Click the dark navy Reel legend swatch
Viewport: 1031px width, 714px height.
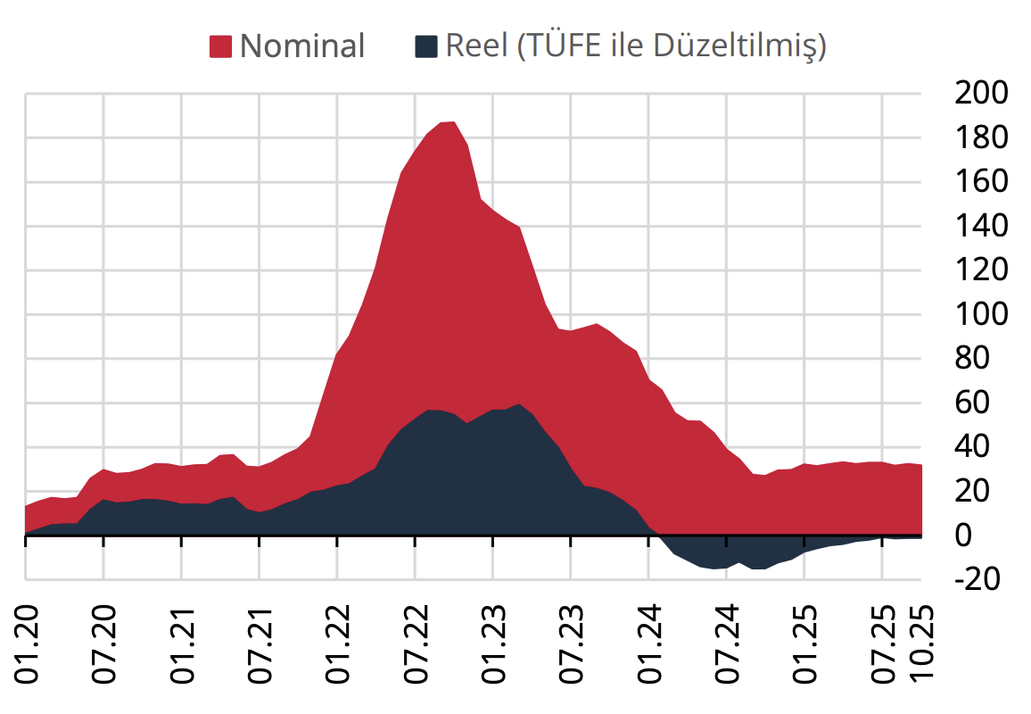tap(427, 46)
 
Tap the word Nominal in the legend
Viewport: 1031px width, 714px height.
tap(302, 46)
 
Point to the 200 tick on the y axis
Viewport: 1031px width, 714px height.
tap(981, 93)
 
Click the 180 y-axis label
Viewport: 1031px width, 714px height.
tap(981, 137)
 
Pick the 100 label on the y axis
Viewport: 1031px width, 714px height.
tap(981, 314)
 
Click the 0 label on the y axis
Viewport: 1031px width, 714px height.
tap(963, 535)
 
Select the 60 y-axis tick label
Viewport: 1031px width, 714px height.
tap(973, 403)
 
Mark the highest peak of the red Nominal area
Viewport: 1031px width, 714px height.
tap(450, 122)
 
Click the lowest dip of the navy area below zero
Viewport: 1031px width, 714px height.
tap(759, 569)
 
